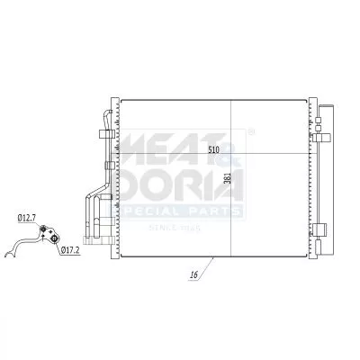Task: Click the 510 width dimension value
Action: pyautogui.click(x=213, y=148)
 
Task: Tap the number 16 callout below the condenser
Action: pyautogui.click(x=193, y=274)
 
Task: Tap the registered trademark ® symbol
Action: pyautogui.click(x=250, y=132)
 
